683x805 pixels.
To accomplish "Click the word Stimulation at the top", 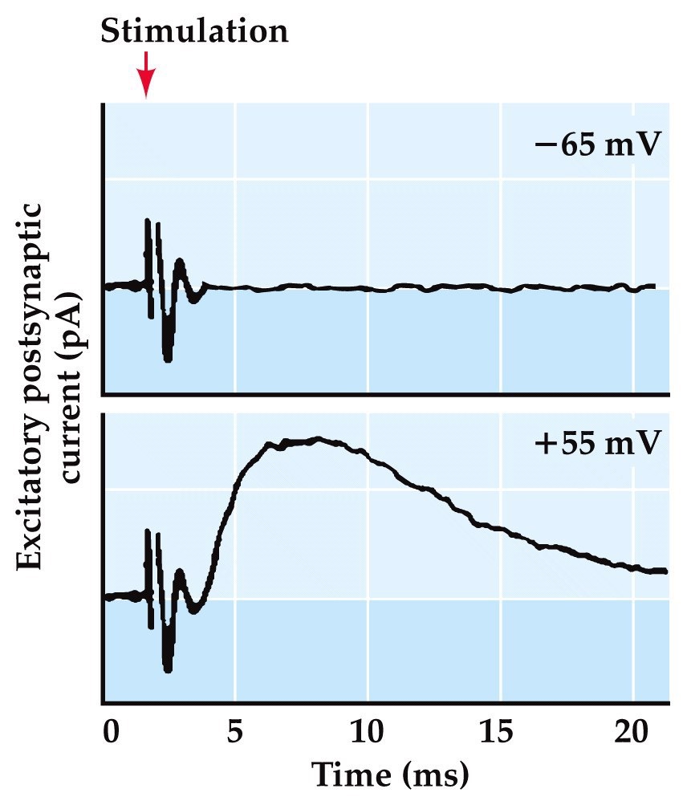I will coord(194,31).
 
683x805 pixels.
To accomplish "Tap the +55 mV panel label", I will coord(598,441).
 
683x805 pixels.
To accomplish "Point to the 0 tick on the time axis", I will coord(112,733).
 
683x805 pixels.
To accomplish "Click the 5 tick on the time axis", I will coord(235,733).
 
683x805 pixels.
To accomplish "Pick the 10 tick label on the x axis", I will coord(368,733).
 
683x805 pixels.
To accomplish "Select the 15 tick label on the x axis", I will coord(501,733).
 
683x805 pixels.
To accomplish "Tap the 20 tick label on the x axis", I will coord(632,733).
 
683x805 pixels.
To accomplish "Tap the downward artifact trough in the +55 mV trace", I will coord(167,666).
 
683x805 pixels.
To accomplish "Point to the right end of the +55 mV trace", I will coord(664,571).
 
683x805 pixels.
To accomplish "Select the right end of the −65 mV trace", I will coord(653,287).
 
